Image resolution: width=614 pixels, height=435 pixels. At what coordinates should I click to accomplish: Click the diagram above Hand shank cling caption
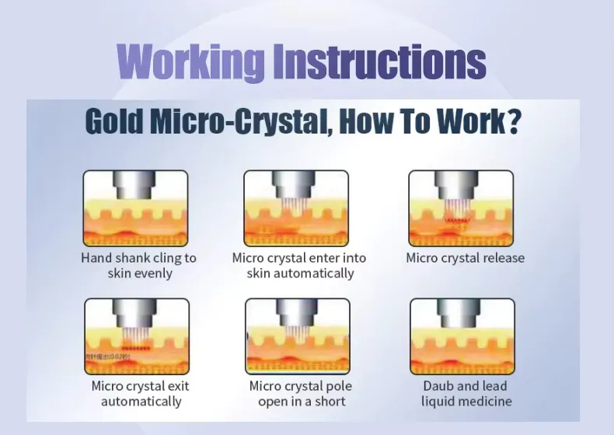coord(135,207)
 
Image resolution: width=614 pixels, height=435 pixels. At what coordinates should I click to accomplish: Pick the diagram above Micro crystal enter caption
coord(297,207)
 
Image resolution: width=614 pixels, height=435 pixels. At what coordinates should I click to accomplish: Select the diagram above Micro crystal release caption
coord(461,207)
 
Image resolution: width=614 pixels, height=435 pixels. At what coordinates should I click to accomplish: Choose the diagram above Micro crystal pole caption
coord(297,336)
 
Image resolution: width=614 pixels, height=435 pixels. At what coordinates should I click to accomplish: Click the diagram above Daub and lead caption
coord(462,336)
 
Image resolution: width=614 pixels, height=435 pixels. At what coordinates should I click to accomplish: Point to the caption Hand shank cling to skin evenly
coord(139,266)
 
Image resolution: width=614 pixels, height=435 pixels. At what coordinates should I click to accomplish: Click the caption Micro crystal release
coord(465,258)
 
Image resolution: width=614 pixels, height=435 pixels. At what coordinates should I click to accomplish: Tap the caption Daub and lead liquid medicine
coord(466,393)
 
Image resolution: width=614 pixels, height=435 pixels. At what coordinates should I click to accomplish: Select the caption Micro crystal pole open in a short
coord(301,393)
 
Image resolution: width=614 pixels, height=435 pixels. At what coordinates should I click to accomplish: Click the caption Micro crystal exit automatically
coord(141,393)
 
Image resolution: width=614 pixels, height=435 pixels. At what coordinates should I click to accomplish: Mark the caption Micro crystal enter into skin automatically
coord(299,266)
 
